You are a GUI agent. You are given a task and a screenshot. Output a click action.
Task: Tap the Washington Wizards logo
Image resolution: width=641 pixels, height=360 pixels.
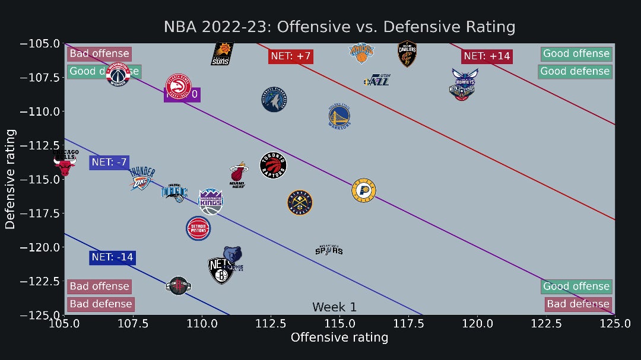pos(118,74)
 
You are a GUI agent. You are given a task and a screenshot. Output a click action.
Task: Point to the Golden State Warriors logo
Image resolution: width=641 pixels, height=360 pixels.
pos(340,116)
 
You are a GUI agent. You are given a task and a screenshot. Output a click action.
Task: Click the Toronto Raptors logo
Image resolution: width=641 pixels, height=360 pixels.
pos(274,165)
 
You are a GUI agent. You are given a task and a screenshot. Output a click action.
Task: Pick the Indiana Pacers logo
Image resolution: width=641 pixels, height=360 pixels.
pos(363,190)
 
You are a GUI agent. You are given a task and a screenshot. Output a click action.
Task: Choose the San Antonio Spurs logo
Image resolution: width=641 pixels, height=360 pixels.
pos(329,250)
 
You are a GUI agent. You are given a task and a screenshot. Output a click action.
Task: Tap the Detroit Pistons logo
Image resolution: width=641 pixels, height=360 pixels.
pos(198,228)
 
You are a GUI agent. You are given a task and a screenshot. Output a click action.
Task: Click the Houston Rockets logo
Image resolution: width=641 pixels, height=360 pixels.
pos(178,286)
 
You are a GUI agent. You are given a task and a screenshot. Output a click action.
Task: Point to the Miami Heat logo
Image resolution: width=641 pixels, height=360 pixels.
pos(239,173)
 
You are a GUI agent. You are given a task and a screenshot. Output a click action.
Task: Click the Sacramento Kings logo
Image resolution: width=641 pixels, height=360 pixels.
pos(211,201)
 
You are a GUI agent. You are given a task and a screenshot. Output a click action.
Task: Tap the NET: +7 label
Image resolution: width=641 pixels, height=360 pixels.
pos(291,56)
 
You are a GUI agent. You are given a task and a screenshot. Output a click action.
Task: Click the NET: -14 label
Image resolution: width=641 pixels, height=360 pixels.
pos(112,257)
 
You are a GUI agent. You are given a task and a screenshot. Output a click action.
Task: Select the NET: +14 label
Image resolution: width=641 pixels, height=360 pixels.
pos(487,56)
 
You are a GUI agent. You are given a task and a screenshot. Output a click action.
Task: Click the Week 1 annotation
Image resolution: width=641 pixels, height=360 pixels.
pos(334,307)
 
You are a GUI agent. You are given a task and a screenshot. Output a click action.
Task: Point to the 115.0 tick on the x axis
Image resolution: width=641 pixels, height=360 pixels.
pos(339,324)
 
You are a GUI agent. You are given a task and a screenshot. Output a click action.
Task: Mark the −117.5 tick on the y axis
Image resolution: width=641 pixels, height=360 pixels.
pos(40,213)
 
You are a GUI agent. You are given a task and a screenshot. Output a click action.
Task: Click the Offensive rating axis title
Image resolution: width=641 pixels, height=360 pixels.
pos(339,337)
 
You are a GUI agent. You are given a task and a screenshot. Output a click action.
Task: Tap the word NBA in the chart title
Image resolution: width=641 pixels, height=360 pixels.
pos(178,27)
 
